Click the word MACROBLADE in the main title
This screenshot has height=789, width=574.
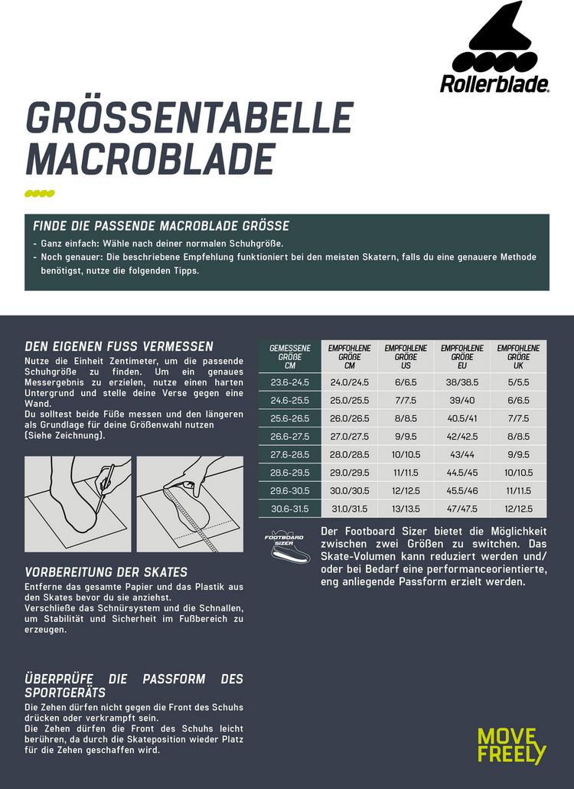pyautogui.click(x=150, y=158)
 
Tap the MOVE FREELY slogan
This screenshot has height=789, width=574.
pyautogui.click(x=512, y=745)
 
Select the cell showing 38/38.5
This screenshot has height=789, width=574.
pyautogui.click(x=462, y=382)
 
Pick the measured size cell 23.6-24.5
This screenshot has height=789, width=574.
pyautogui.click(x=289, y=382)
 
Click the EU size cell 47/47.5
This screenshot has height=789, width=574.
pyautogui.click(x=462, y=508)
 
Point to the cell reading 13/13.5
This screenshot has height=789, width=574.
pyautogui.click(x=406, y=508)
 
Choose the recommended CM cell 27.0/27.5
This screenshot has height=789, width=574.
pyautogui.click(x=349, y=436)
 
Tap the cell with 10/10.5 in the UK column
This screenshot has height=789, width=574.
pyautogui.click(x=519, y=472)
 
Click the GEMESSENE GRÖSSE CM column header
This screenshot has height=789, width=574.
pyautogui.click(x=289, y=357)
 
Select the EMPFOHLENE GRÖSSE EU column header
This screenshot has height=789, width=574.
pyautogui.click(x=462, y=357)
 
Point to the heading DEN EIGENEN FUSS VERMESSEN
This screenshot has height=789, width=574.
pyautogui.click(x=119, y=347)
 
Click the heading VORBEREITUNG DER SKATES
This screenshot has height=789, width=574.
pyautogui.click(x=106, y=572)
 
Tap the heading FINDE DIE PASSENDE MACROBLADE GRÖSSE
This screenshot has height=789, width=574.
pyautogui.click(x=161, y=226)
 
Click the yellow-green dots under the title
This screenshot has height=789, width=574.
pyautogui.click(x=41, y=192)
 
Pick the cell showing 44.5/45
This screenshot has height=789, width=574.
pyautogui.click(x=462, y=472)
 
